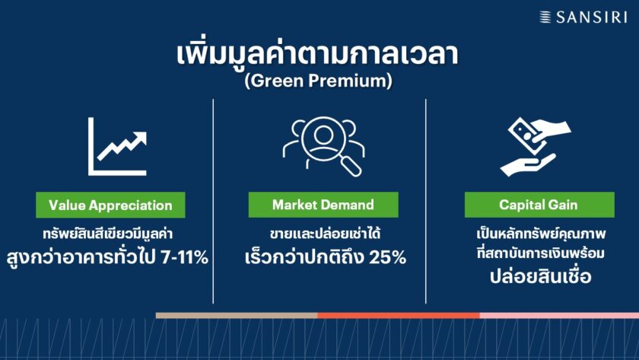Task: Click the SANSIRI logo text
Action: coord(591,17)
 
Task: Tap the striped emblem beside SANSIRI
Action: coord(545,17)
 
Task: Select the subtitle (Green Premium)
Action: coord(318,81)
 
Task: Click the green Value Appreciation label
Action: coord(110,205)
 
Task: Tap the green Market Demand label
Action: coord(323,204)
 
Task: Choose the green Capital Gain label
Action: coord(539,204)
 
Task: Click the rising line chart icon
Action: coord(117,147)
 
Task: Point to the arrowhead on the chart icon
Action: coord(140,139)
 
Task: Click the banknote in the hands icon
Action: coord(526,132)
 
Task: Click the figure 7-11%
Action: coord(185,257)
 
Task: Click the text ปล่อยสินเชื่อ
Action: coord(540,276)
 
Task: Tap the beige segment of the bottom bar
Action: coord(237,315)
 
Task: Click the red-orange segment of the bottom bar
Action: coord(399,315)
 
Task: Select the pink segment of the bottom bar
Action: coord(559,315)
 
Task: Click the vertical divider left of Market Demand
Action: coord(213,201)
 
